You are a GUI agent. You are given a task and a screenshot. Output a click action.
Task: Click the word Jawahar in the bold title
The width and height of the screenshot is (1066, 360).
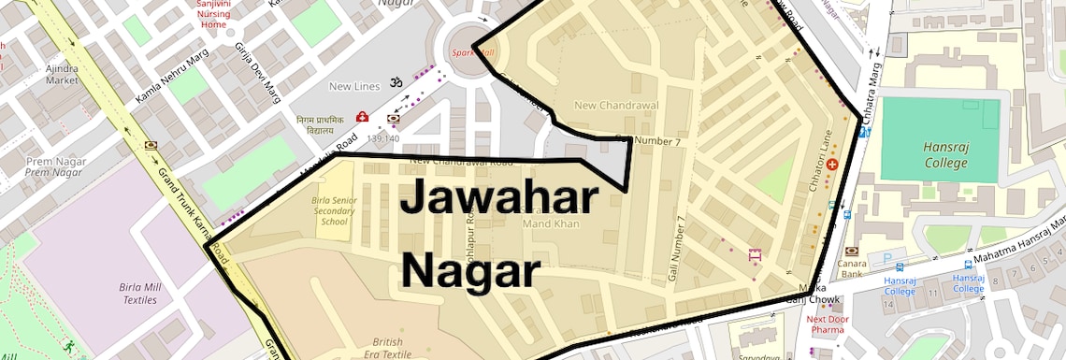coord(499,199)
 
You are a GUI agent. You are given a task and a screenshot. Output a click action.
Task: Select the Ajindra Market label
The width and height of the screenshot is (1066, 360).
coord(62,74)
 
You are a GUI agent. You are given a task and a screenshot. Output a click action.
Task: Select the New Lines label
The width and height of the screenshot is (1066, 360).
coord(354,87)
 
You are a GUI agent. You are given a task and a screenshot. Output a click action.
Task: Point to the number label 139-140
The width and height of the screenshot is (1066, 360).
coord(382,138)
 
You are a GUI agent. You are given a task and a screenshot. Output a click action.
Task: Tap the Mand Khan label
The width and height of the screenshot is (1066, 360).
coord(551,223)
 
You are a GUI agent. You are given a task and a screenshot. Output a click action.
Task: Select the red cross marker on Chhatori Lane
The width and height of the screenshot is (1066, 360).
coord(831,165)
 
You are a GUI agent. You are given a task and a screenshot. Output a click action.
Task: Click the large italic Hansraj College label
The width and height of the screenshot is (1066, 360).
coord(944,154)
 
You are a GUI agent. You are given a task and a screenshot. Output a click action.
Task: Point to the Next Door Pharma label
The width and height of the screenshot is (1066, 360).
coord(827,324)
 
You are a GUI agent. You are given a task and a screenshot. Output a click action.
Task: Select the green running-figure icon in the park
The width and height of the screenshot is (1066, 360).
coord(68,345)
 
